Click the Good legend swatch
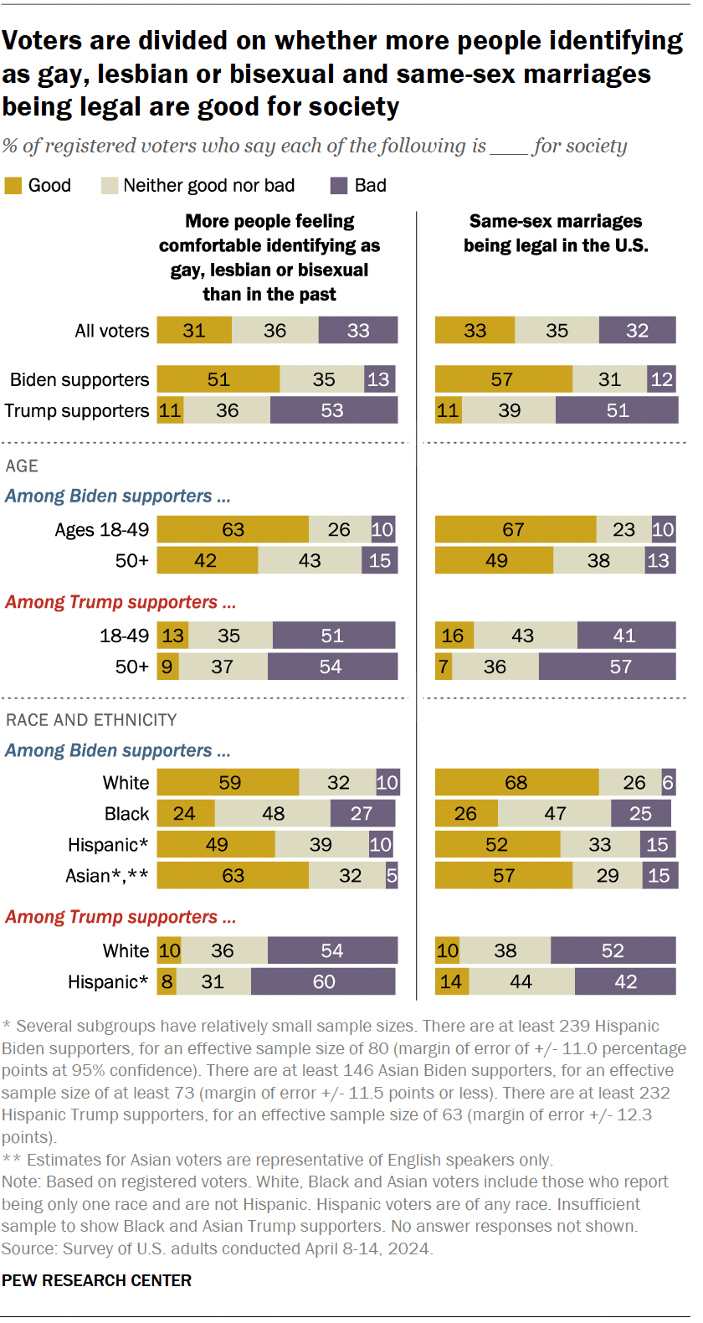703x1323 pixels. coord(13,186)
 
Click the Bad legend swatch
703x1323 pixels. coord(339,186)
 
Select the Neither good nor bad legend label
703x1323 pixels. coord(208,186)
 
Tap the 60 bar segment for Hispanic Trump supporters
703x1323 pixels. coord(323,981)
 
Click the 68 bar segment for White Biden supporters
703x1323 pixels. coord(516,782)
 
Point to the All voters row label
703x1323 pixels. coord(111,331)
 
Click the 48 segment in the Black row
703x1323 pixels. coord(273,813)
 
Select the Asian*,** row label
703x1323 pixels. coord(107,876)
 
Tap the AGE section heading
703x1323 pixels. coord(22,466)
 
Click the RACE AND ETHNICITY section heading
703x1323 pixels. coord(91,720)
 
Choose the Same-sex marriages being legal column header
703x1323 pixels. coord(556,234)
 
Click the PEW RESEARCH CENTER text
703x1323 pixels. coord(96,1280)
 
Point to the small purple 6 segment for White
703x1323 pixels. coord(668,782)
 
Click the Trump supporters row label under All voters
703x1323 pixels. coord(76,410)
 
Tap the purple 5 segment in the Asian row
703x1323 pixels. coord(392,876)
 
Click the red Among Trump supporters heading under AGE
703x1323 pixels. coord(120,602)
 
